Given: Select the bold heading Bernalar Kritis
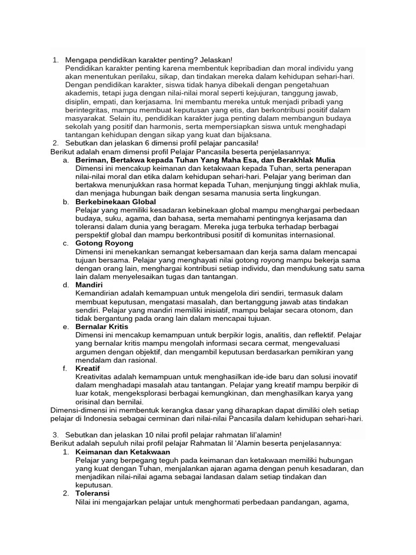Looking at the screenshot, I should pyautogui.click(x=102, y=327).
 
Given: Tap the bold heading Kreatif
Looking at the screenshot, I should pyautogui.click(x=88, y=368).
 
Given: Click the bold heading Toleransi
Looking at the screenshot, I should pyautogui.click(x=93, y=494).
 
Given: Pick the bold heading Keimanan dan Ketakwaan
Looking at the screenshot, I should pyautogui.click(x=123, y=451).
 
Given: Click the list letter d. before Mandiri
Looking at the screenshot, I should pyautogui.click(x=66, y=285).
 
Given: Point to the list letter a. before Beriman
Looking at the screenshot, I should pyautogui.click(x=66, y=160).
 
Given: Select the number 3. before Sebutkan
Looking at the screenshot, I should pyautogui.click(x=56, y=435).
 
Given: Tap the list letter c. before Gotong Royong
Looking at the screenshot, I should pyautogui.click(x=66, y=243).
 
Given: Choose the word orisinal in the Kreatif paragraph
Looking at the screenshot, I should pyautogui.click(x=89, y=402).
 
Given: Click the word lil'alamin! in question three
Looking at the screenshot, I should pyautogui.click(x=261, y=435).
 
